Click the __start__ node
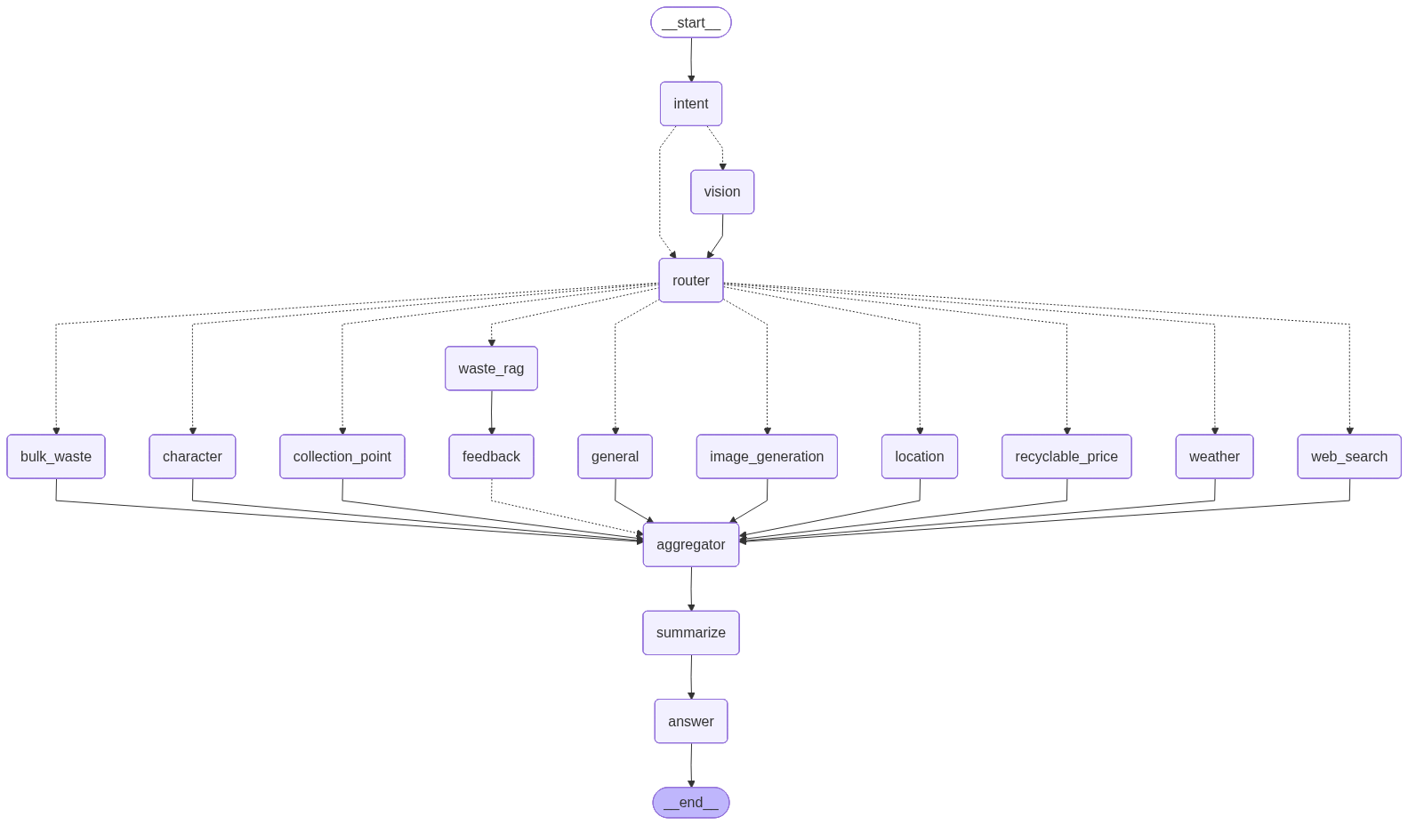point(691,23)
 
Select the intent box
point(691,104)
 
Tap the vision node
point(722,192)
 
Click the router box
point(691,281)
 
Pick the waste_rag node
point(491,369)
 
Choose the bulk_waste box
point(56,457)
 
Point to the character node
point(192,457)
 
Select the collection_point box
point(342,457)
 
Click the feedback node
point(491,457)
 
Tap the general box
point(615,457)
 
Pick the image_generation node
point(767,457)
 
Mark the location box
point(920,457)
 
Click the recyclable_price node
point(1066,457)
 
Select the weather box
point(1214,457)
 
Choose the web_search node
point(1349,457)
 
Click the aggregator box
point(691,545)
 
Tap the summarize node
point(691,633)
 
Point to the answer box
point(691,722)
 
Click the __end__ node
point(691,803)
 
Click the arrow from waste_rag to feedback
point(491,412)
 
